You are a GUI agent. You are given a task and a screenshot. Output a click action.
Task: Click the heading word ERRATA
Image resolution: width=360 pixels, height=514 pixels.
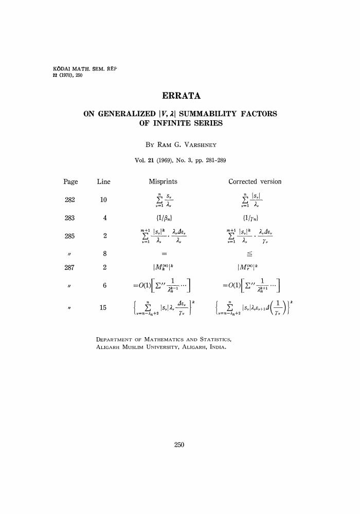[180, 96]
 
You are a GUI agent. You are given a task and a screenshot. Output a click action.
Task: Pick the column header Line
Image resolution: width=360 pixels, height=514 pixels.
[103, 181]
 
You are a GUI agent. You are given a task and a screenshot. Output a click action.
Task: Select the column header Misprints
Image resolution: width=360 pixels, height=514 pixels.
[163, 181]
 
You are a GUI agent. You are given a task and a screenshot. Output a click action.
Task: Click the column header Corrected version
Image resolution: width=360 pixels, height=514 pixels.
[255, 181]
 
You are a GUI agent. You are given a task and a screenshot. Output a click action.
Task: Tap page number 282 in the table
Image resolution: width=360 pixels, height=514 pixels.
[70, 200]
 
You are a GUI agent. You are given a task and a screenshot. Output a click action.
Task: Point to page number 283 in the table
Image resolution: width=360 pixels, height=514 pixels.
[70, 217]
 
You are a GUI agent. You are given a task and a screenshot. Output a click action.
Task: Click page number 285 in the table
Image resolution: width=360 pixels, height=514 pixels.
[70, 236]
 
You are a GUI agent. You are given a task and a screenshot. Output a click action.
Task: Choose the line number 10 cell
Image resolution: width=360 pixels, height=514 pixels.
[103, 200]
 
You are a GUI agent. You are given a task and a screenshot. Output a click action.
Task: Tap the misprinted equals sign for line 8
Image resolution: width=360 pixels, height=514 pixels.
[163, 254]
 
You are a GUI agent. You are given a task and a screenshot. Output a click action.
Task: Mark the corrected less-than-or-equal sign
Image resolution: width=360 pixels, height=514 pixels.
[255, 254]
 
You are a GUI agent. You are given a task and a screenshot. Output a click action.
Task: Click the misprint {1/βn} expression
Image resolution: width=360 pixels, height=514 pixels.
[163, 217]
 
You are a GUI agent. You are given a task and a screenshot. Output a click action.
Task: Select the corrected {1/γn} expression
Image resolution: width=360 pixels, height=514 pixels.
[255, 217]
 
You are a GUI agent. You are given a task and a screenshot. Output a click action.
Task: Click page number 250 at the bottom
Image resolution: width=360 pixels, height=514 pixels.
[179, 445]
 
